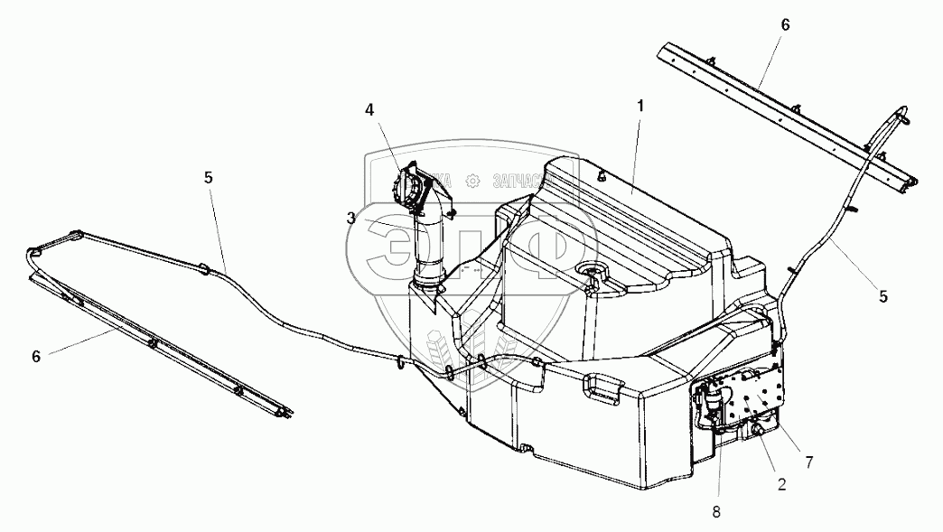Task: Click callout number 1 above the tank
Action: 640,106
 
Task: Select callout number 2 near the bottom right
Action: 781,483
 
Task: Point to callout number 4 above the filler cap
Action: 369,109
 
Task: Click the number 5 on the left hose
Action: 209,178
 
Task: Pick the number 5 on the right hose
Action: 883,295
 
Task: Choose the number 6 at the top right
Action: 784,24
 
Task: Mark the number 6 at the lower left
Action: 36,356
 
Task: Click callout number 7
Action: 809,462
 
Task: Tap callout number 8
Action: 715,511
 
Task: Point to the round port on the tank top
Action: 593,270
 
